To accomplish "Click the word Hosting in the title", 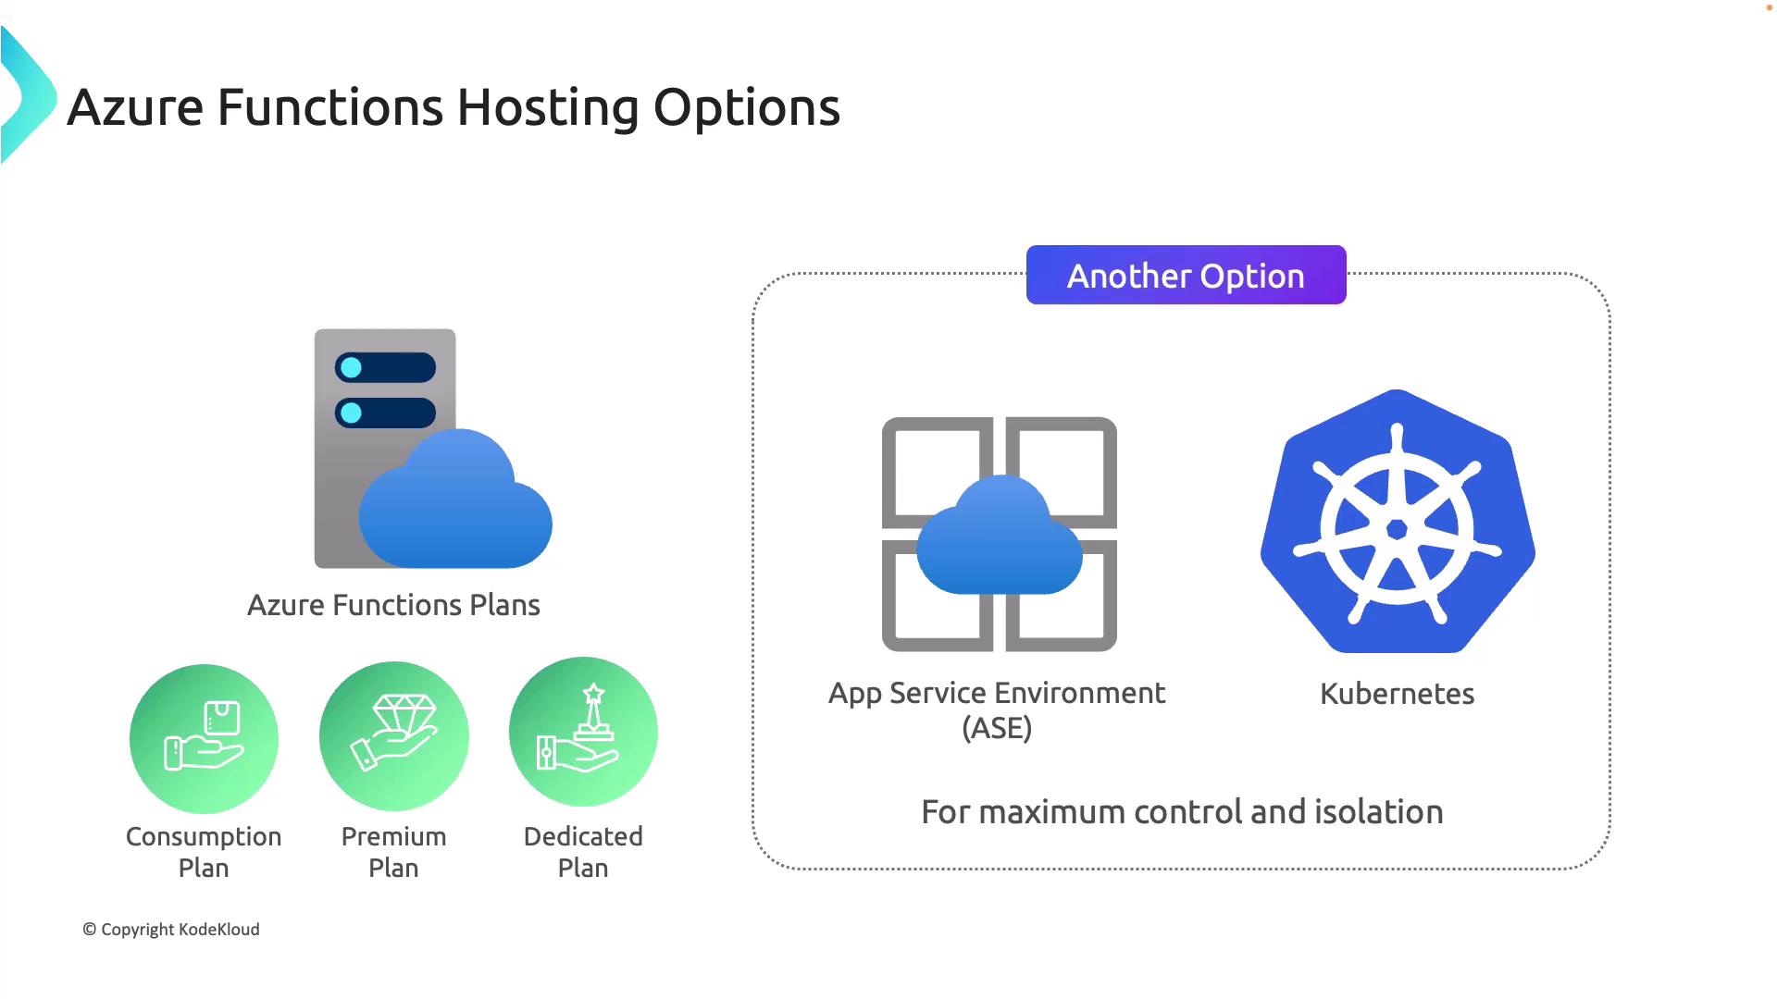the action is (547, 108).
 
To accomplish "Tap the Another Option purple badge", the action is (1186, 275).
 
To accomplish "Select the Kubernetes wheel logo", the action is (1398, 521).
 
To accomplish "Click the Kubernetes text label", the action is (1397, 694).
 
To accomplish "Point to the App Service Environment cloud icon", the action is (1000, 534).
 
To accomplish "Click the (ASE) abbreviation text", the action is (997, 728).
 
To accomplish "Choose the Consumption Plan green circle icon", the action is (204, 739).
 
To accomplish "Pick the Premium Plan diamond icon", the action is (394, 735).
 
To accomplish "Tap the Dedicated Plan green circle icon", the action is (583, 732).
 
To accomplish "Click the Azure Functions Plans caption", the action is (393, 605).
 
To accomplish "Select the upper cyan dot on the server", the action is (351, 367).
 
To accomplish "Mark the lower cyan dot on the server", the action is (351, 413).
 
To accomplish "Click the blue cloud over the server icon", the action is (455, 499).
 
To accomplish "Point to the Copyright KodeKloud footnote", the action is (171, 930).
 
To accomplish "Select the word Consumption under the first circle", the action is (204, 837).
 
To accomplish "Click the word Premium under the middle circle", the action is (393, 837).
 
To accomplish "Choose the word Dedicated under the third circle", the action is (583, 836).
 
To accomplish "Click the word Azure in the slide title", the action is (135, 108).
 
